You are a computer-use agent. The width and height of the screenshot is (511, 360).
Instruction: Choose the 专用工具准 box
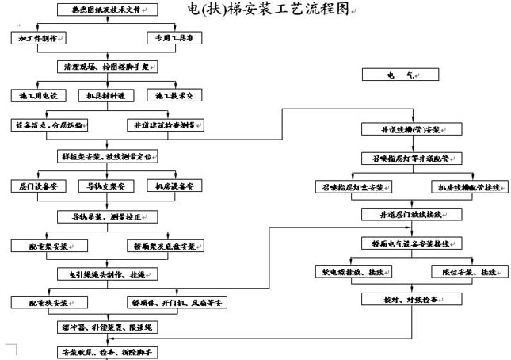click(175, 38)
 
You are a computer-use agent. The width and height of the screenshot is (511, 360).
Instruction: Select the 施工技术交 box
click(175, 95)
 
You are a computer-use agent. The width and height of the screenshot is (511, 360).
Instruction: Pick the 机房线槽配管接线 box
click(469, 188)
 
